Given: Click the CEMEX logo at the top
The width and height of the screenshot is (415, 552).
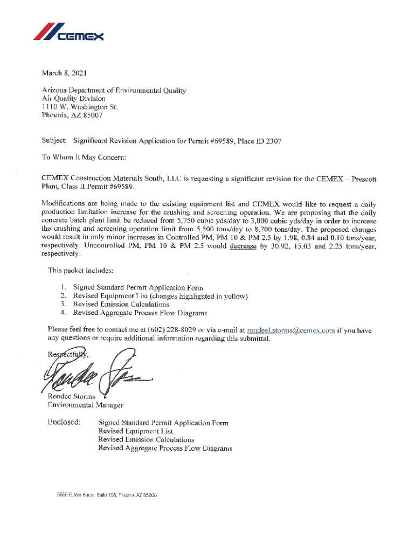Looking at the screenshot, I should [x=68, y=32].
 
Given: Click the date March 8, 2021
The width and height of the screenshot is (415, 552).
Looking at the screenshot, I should [x=64, y=73].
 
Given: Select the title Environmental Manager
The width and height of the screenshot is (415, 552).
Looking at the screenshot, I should [x=85, y=405].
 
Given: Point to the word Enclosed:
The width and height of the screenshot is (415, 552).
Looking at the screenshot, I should [x=64, y=422].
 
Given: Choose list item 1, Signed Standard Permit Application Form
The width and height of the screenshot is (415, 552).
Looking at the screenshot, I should [x=138, y=287].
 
